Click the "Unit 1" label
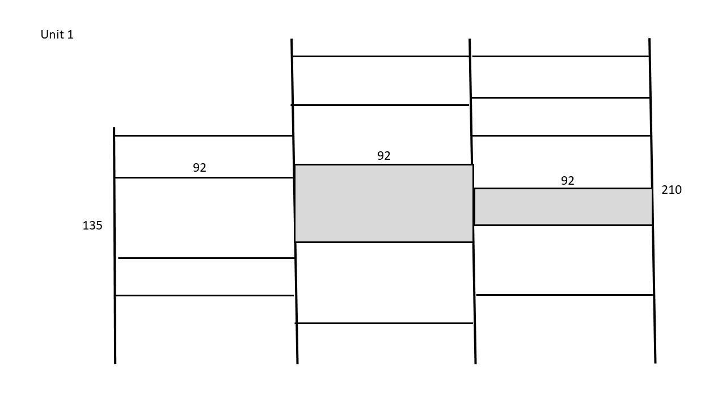click(57, 35)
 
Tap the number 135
click(92, 226)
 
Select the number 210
click(672, 190)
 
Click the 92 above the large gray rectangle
click(384, 156)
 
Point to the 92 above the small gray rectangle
click(568, 181)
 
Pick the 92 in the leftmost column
click(199, 168)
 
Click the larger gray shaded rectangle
click(384, 203)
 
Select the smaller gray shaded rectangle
click(564, 207)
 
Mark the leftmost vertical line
click(115, 245)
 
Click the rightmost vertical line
click(652, 201)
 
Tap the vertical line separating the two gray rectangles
click(472, 201)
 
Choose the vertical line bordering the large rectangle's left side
click(294, 201)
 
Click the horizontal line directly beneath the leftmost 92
click(204, 178)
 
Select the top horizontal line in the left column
click(204, 135)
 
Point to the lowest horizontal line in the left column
click(205, 296)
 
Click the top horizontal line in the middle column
click(381, 56)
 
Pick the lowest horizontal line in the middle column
click(384, 323)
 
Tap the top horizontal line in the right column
click(561, 56)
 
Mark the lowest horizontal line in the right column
click(564, 295)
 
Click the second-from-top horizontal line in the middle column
click(380, 105)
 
